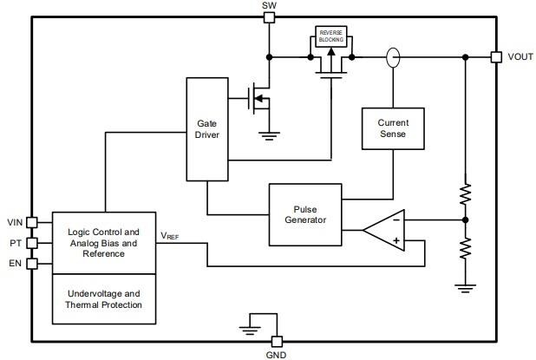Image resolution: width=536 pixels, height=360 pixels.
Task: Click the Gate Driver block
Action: tap(207, 130)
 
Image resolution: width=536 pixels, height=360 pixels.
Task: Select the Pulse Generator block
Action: tap(305, 213)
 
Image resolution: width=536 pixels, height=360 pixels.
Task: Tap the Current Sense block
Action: tap(392, 128)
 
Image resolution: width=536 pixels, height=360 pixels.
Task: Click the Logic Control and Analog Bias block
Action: tap(103, 243)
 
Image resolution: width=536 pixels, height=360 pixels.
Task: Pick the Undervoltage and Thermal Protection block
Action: tap(103, 299)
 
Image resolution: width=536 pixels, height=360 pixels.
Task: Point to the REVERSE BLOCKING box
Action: tap(331, 36)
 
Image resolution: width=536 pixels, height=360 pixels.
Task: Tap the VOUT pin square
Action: tap(495, 57)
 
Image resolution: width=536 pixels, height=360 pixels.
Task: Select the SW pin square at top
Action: tap(270, 17)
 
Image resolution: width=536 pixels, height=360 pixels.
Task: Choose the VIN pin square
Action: tap(32, 222)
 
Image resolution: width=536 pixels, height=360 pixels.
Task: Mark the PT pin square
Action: tap(32, 243)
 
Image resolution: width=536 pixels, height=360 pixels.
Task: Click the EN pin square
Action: tap(32, 264)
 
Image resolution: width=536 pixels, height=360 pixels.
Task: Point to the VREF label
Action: tap(170, 235)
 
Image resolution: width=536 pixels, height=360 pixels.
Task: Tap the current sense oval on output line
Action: tap(392, 58)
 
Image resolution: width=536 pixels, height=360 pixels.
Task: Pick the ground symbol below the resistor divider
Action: tap(465, 286)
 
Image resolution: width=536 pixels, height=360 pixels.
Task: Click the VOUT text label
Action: tap(520, 57)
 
